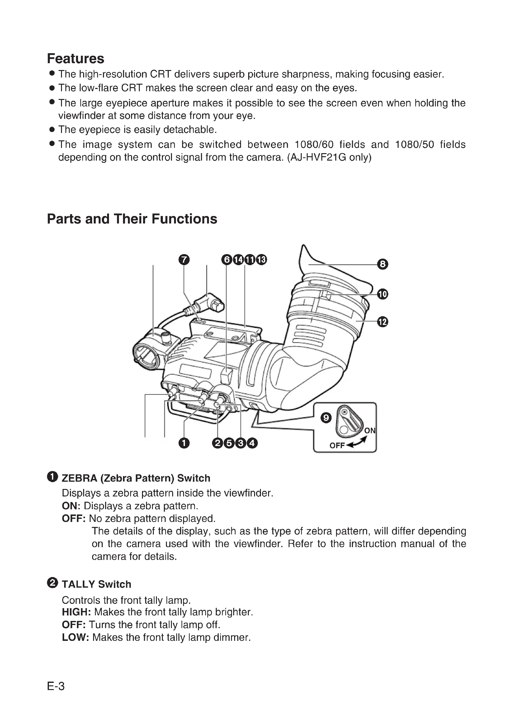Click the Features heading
pos(75,59)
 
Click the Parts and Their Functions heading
pos(132,219)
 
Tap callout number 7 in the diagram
pos(184,260)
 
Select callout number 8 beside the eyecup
pos(382,264)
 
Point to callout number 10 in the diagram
pos(382,294)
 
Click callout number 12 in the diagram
pos(382,322)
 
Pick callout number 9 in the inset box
pos(326,418)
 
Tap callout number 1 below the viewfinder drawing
pos(184,443)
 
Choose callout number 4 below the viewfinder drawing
pos(252,443)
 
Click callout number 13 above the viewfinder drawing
pos(261,260)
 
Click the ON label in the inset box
pos(370,430)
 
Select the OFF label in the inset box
pos(337,445)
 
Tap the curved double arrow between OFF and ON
pos(357,443)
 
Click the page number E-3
pos(56,687)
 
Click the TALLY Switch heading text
pos(97,584)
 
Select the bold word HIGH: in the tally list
pos(76,612)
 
